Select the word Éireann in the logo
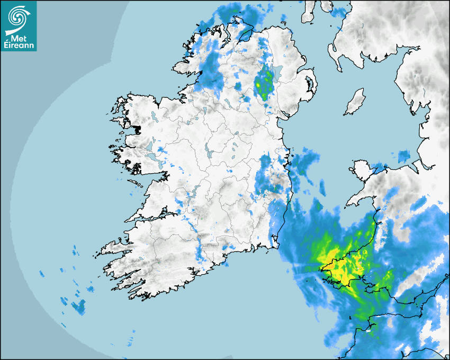[x=19, y=46]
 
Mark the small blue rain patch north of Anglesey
[x=404, y=156]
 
